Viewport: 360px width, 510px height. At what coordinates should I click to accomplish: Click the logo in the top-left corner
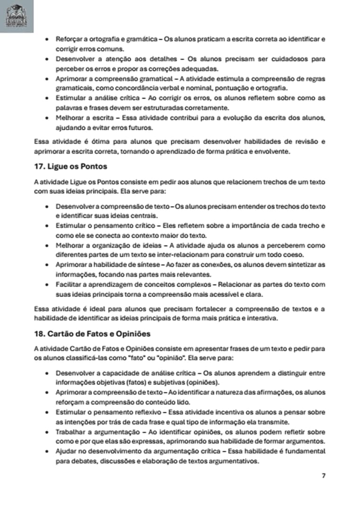point(17,17)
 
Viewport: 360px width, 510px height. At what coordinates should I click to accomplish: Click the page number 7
point(323,476)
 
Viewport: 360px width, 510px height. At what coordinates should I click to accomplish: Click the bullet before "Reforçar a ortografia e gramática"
point(46,39)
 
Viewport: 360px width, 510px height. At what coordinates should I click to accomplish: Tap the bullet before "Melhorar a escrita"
point(46,118)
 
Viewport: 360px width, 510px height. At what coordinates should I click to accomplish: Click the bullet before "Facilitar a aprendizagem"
point(46,285)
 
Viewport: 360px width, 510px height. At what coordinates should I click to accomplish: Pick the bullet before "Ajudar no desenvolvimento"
point(46,452)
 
